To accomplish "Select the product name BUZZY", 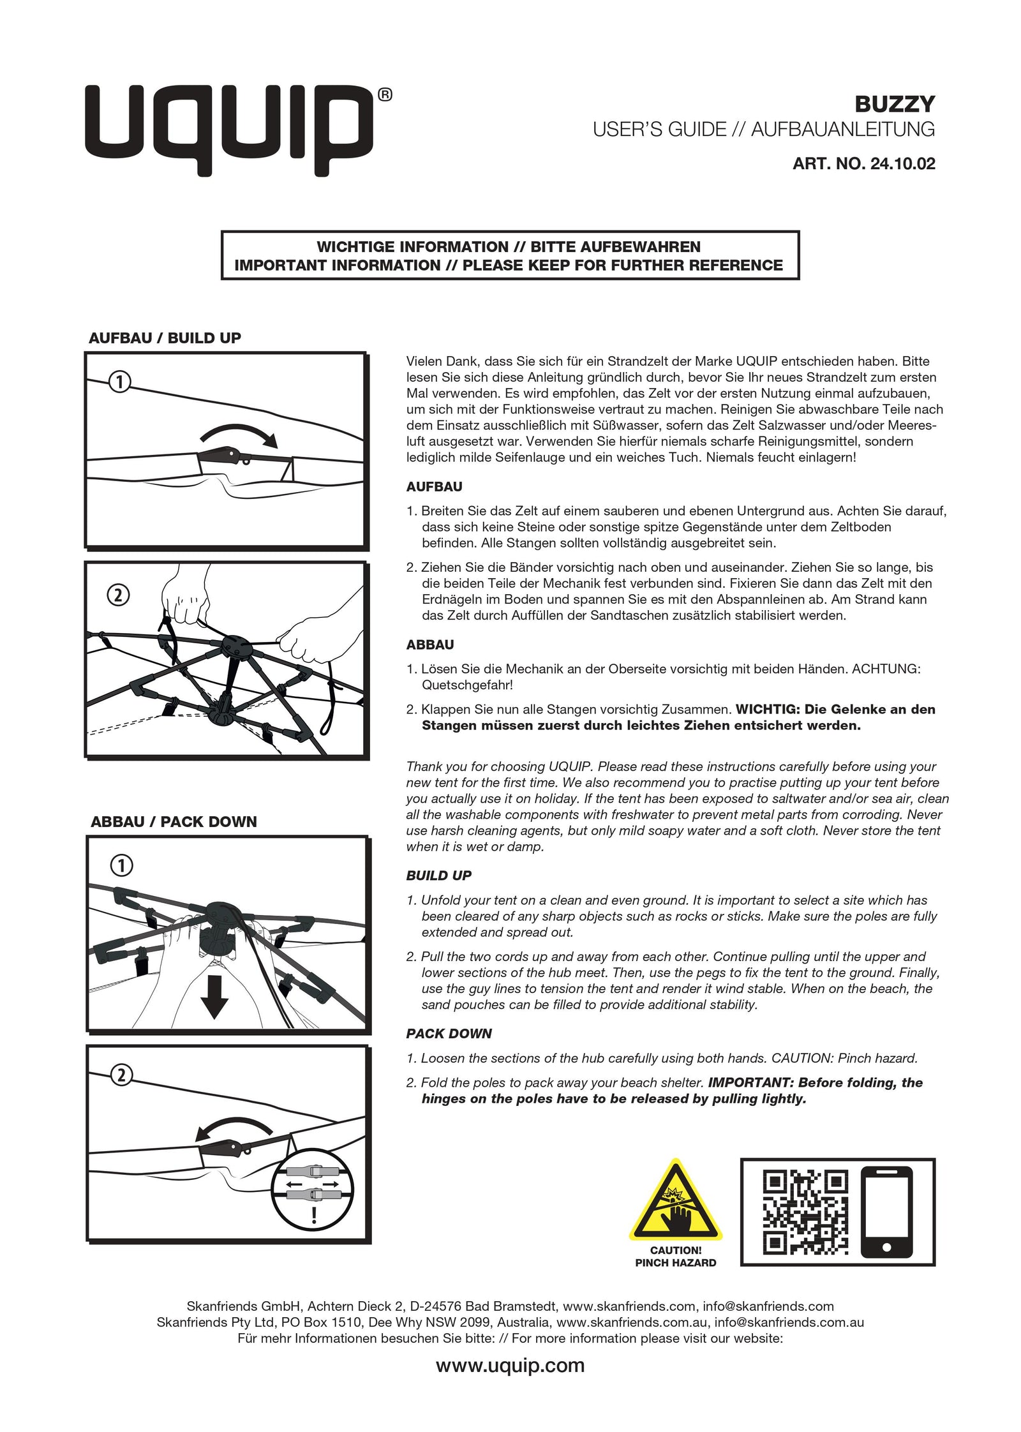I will tap(894, 104).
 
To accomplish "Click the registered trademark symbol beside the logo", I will tap(385, 95).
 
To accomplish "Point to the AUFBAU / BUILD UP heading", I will tap(165, 338).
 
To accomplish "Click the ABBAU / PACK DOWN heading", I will tap(174, 822).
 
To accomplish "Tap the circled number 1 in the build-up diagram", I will tap(119, 382).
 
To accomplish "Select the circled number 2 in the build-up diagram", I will tap(119, 595).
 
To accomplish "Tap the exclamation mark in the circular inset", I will tap(313, 1214).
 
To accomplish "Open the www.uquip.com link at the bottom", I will tap(510, 1366).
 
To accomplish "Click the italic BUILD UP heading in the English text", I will tap(438, 876).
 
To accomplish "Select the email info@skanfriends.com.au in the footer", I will tap(789, 1322).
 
